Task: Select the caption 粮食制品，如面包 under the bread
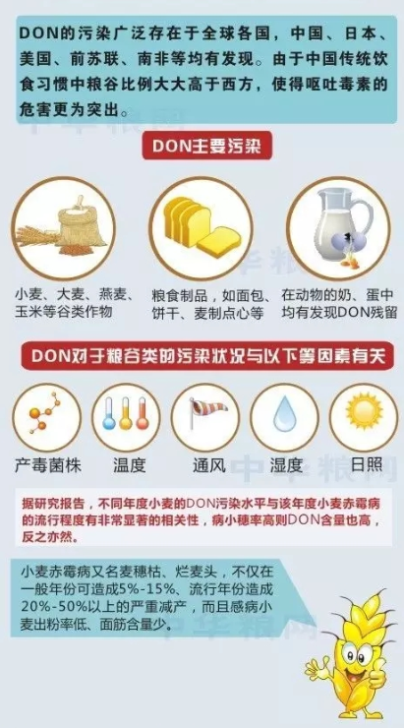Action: point(202,294)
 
